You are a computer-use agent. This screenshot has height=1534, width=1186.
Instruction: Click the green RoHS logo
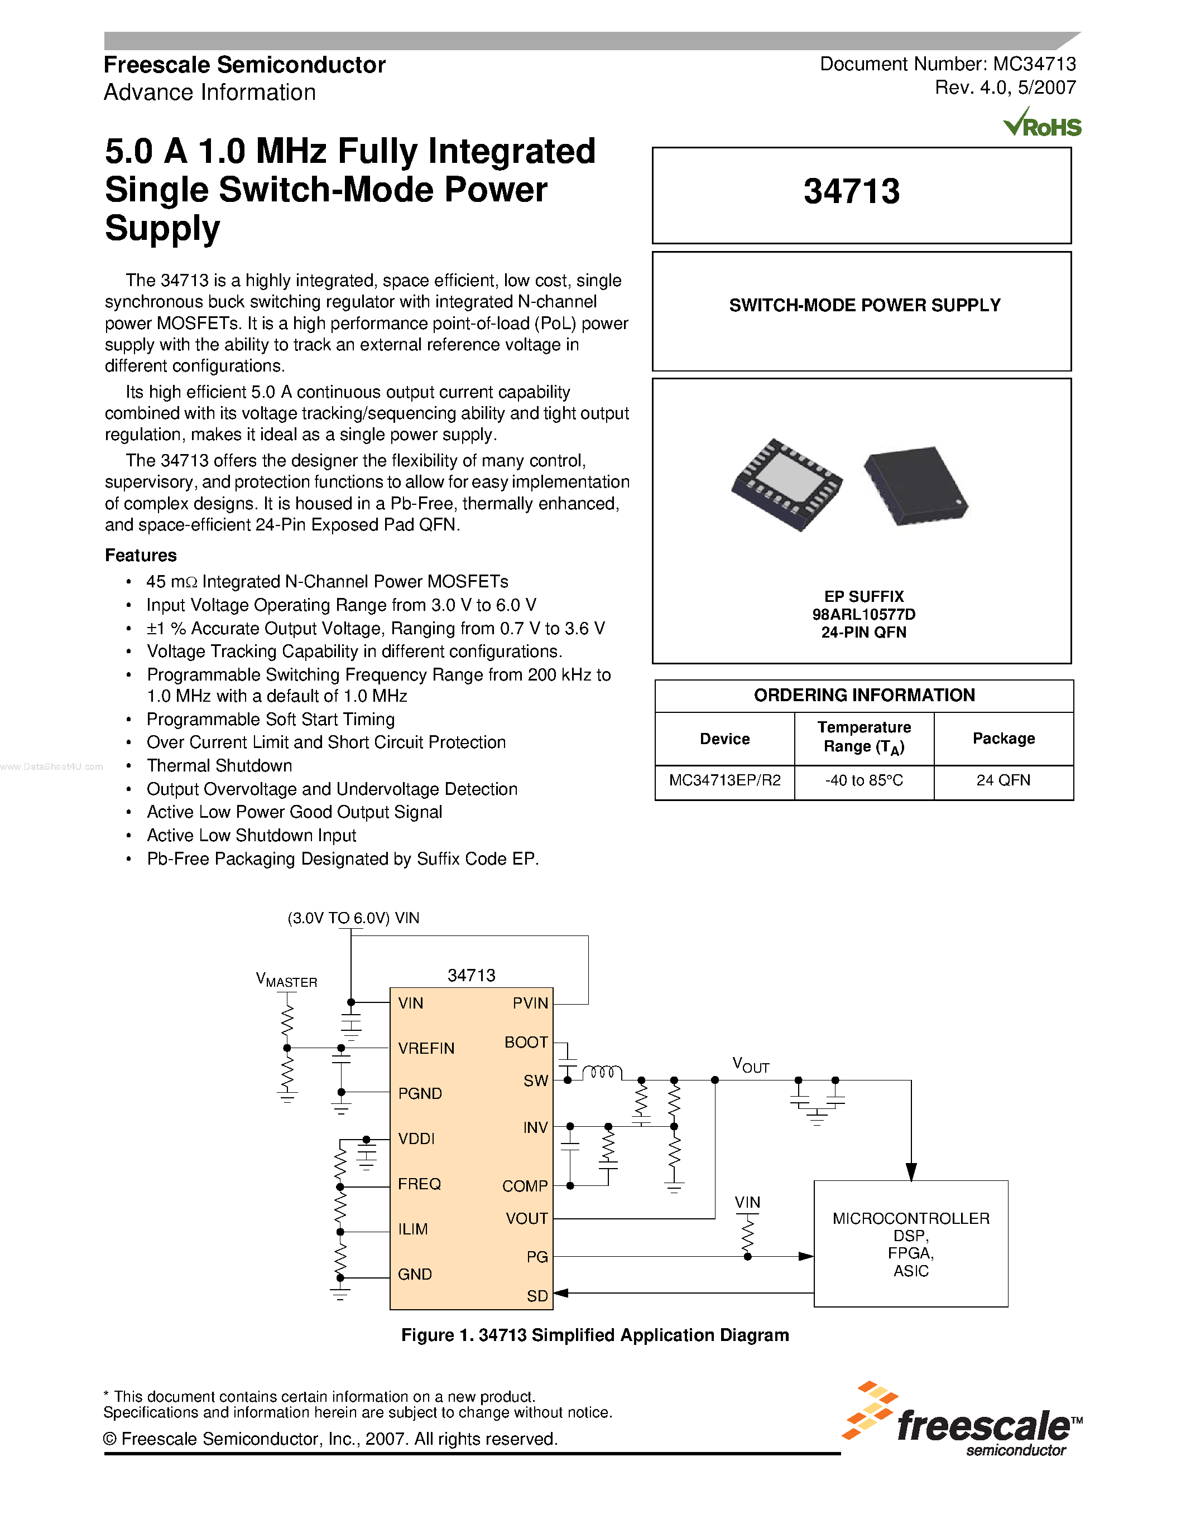[x=1042, y=124]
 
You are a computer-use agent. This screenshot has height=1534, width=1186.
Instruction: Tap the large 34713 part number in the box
[x=851, y=192]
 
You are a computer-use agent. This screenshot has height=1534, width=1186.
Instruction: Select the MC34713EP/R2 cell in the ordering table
[x=724, y=780]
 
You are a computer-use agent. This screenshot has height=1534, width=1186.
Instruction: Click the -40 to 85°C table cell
[x=863, y=780]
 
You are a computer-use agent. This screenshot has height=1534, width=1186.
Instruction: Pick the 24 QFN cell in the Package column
[x=1002, y=780]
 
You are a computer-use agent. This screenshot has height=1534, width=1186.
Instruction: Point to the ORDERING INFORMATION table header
[x=863, y=696]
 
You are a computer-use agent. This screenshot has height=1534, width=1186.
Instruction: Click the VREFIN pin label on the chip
[x=426, y=1048]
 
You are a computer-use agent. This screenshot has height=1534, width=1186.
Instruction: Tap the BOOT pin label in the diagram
[x=526, y=1043]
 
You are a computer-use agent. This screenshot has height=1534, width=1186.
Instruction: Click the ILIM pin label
[x=412, y=1229]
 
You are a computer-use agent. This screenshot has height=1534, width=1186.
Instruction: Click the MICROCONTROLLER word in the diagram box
[x=911, y=1219]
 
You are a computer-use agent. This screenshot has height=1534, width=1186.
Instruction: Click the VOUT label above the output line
[x=750, y=1065]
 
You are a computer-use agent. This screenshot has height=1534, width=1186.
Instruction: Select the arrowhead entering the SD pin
[x=561, y=1293]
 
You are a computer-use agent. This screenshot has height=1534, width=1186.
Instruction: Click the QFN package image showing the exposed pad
[x=786, y=484]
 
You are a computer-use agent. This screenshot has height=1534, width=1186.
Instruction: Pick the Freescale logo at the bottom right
[x=963, y=1421]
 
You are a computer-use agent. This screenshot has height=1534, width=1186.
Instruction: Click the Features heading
[x=141, y=556]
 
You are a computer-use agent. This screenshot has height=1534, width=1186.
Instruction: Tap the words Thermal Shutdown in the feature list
[x=219, y=765]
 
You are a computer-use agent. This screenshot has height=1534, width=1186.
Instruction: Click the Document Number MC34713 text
[x=947, y=64]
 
